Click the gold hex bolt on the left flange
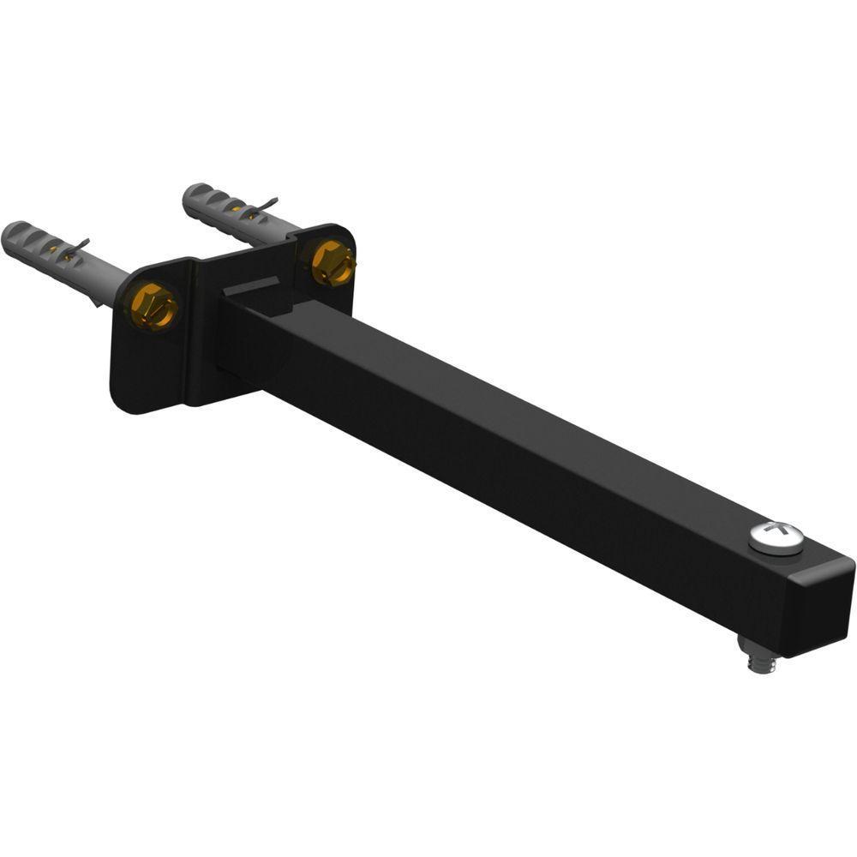point(154,306)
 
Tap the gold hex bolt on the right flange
point(332,262)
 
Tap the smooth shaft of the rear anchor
point(279,227)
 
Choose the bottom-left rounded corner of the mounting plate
point(124,399)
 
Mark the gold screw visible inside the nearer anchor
point(57,251)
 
